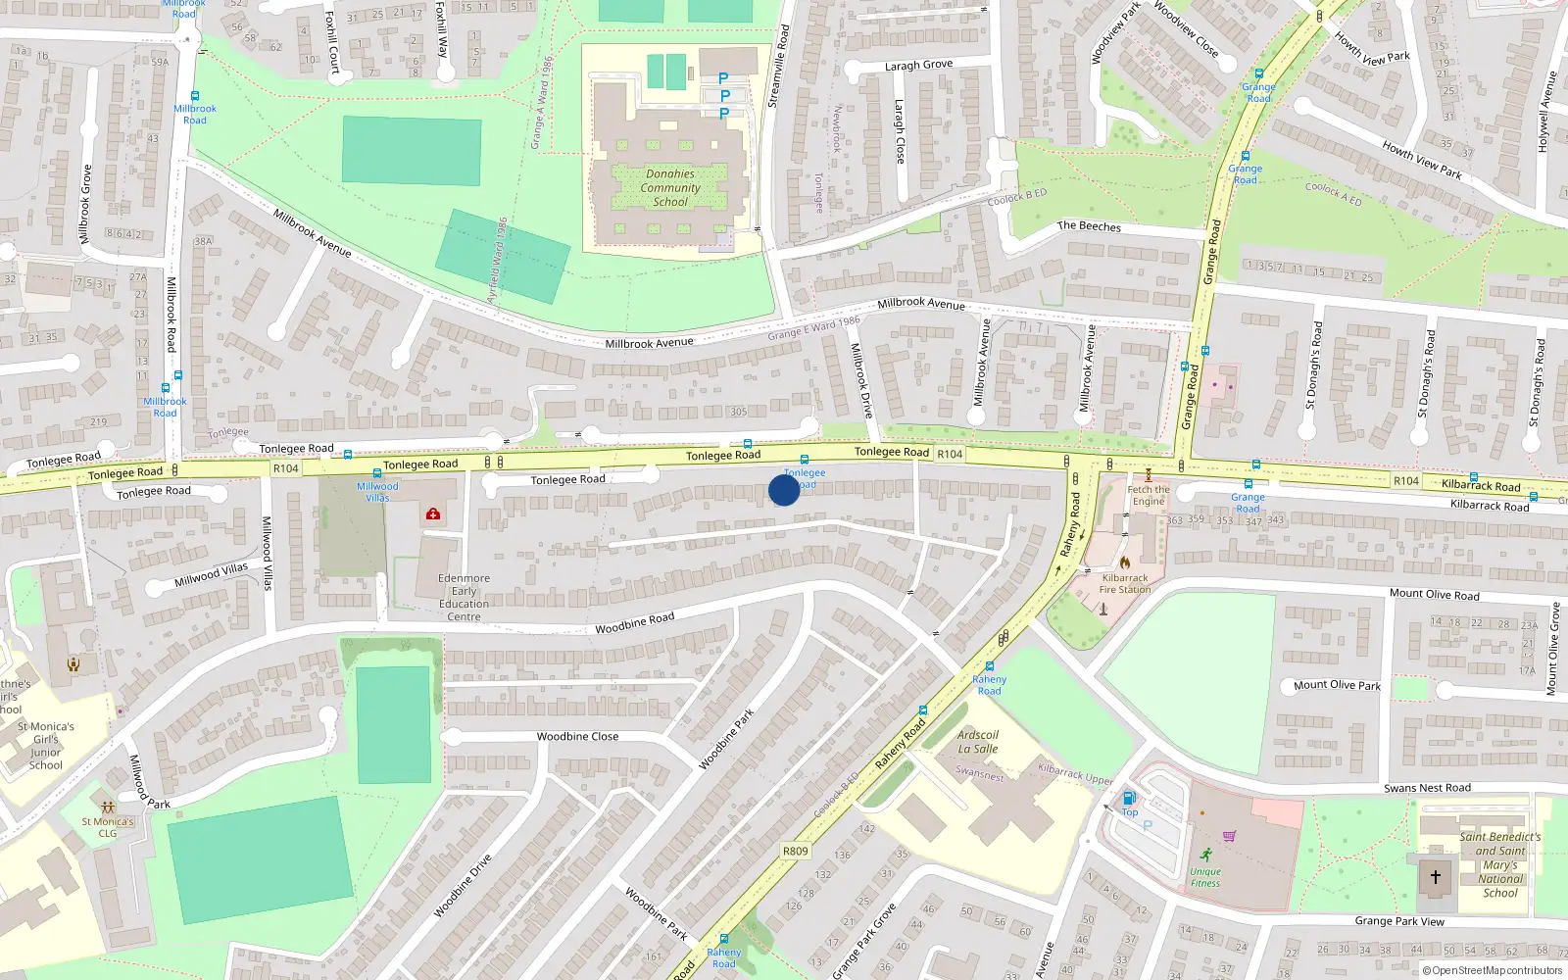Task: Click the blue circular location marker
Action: [x=784, y=490]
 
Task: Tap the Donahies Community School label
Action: [x=670, y=188]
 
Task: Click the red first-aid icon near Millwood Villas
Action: [x=433, y=514]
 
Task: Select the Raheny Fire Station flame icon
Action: [x=1125, y=563]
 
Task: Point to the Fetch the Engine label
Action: [x=1149, y=495]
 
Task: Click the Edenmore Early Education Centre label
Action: [x=464, y=598]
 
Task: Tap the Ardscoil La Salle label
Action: [x=978, y=742]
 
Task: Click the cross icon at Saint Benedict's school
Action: [x=1436, y=877]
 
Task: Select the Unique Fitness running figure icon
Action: [x=1205, y=855]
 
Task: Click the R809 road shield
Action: [x=796, y=851]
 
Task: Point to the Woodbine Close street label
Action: [x=577, y=737]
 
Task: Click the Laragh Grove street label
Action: [x=918, y=66]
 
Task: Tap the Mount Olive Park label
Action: [x=1337, y=686]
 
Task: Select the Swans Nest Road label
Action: [x=1427, y=788]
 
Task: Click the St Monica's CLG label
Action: [x=108, y=828]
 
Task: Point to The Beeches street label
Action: [x=1089, y=226]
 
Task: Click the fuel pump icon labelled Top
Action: [x=1129, y=799]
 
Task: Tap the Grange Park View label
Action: [x=1399, y=921]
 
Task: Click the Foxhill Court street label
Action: [x=332, y=42]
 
